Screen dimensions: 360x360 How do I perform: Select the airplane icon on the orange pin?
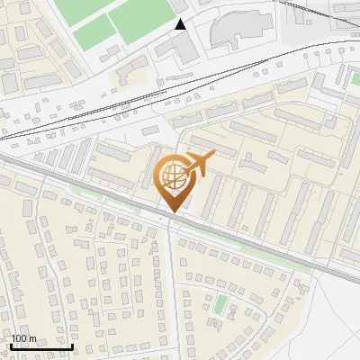coord(197,165)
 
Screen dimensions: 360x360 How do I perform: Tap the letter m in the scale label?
coord(31,338)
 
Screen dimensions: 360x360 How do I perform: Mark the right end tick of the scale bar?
coord(73,346)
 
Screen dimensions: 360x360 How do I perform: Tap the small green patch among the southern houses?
coord(220,303)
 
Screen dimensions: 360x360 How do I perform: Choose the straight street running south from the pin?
coord(172,270)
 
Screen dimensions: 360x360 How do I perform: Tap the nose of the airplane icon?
coord(214,157)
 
